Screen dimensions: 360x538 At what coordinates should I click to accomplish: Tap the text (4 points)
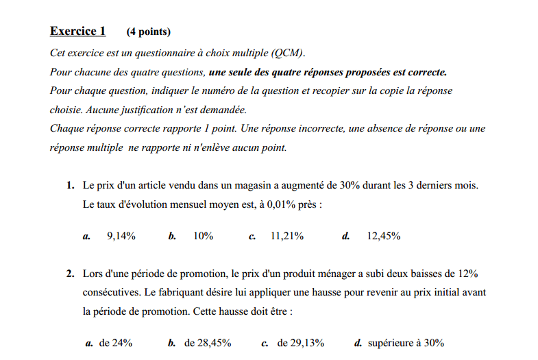[x=149, y=32]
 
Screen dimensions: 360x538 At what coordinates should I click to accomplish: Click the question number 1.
[x=71, y=186]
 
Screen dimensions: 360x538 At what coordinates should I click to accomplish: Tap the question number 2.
[x=71, y=274]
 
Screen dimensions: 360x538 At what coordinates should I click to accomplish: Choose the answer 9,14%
[x=121, y=236]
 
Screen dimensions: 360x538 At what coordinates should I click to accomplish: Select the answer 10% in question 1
[x=203, y=236]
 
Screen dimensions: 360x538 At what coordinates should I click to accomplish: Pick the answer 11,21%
[x=287, y=236]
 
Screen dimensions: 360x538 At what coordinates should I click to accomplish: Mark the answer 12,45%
[x=384, y=236]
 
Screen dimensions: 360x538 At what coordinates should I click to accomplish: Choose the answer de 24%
[x=116, y=343]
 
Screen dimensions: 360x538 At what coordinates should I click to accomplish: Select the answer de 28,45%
[x=208, y=343]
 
